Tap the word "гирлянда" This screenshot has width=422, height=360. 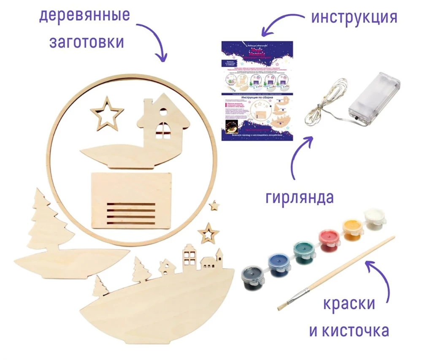coord(300,197)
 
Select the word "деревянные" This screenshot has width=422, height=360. coord(84,16)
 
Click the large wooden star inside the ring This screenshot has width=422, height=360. coord(107,113)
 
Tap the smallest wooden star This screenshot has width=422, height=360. coord(214,206)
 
